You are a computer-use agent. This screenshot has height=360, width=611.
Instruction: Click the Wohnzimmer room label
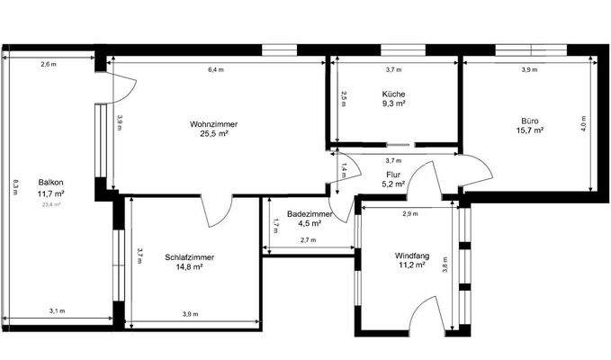(213, 123)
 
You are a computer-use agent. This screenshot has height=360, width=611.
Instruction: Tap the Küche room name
(393, 94)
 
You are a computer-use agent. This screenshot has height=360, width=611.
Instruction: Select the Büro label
(530, 120)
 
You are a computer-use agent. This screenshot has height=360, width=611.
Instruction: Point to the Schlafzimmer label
(189, 256)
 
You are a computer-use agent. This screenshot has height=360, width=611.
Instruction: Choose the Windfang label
(414, 255)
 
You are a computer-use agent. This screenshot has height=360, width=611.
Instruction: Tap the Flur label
(393, 175)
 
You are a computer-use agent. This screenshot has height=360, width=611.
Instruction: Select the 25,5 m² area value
(213, 133)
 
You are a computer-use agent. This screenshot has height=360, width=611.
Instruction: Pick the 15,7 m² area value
(530, 130)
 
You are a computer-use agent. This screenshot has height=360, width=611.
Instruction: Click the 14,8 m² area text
(189, 266)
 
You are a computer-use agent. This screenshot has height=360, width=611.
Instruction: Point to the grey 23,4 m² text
(50, 204)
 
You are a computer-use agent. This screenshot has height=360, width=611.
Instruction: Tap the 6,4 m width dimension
(216, 69)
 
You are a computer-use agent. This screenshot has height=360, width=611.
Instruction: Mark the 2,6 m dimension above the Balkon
(48, 64)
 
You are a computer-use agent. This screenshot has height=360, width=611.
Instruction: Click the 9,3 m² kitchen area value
(393, 103)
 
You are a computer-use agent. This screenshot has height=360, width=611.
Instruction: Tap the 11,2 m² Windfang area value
(414, 265)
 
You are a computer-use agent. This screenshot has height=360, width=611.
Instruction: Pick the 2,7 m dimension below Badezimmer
(307, 240)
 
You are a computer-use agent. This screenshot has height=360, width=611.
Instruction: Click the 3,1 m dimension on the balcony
(57, 311)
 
